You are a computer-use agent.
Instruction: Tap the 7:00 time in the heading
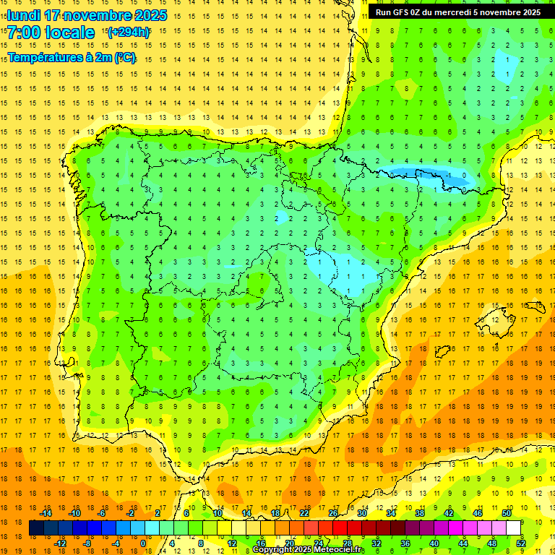(22, 33)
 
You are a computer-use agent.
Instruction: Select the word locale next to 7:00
(70, 33)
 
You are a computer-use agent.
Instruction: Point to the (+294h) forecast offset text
(128, 33)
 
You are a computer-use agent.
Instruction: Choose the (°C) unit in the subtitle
(124, 58)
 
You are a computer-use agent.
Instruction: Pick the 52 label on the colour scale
(521, 543)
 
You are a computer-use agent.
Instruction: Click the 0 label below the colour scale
(143, 543)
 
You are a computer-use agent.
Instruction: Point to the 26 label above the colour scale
(333, 512)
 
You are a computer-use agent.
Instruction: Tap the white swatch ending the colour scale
(514, 528)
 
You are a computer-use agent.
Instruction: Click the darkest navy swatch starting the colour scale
(36, 528)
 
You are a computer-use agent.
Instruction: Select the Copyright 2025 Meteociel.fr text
(309, 550)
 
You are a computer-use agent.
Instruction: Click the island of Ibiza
(443, 352)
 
